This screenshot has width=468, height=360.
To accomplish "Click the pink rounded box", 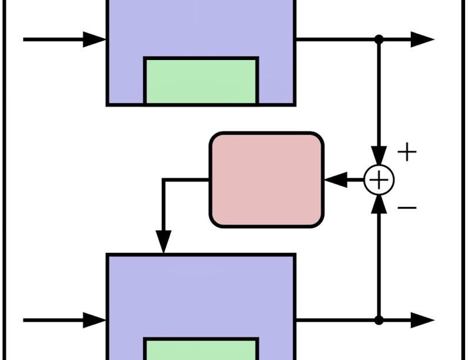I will click(x=267, y=179).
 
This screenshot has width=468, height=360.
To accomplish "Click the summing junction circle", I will click(x=379, y=179).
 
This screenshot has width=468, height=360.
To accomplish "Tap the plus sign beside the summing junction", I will click(x=407, y=152).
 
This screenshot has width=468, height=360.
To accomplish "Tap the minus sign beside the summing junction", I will click(x=407, y=208).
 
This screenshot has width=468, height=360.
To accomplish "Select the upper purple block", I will click(x=200, y=29).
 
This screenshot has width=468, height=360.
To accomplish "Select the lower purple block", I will click(x=200, y=294).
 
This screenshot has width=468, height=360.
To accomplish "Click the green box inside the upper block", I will click(x=201, y=81).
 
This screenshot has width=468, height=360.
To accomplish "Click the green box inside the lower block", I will click(x=201, y=349).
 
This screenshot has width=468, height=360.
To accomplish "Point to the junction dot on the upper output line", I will click(x=379, y=39).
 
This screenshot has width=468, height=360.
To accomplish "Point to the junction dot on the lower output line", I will click(x=379, y=321).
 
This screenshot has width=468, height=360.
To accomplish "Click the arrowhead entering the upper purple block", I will click(x=94, y=39).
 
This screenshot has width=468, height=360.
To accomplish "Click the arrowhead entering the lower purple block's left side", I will click(x=94, y=321).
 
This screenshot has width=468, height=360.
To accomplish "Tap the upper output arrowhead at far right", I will click(x=422, y=39).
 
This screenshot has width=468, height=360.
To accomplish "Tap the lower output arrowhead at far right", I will click(x=422, y=321).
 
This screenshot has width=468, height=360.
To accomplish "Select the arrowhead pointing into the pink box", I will click(x=336, y=179).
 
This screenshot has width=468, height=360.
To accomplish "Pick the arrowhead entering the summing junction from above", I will click(x=379, y=155).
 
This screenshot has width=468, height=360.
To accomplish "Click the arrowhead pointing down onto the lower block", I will click(x=163, y=242).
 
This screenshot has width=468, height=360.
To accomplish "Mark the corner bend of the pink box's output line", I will click(x=163, y=179).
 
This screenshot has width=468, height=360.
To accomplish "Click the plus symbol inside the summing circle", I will click(x=379, y=179).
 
